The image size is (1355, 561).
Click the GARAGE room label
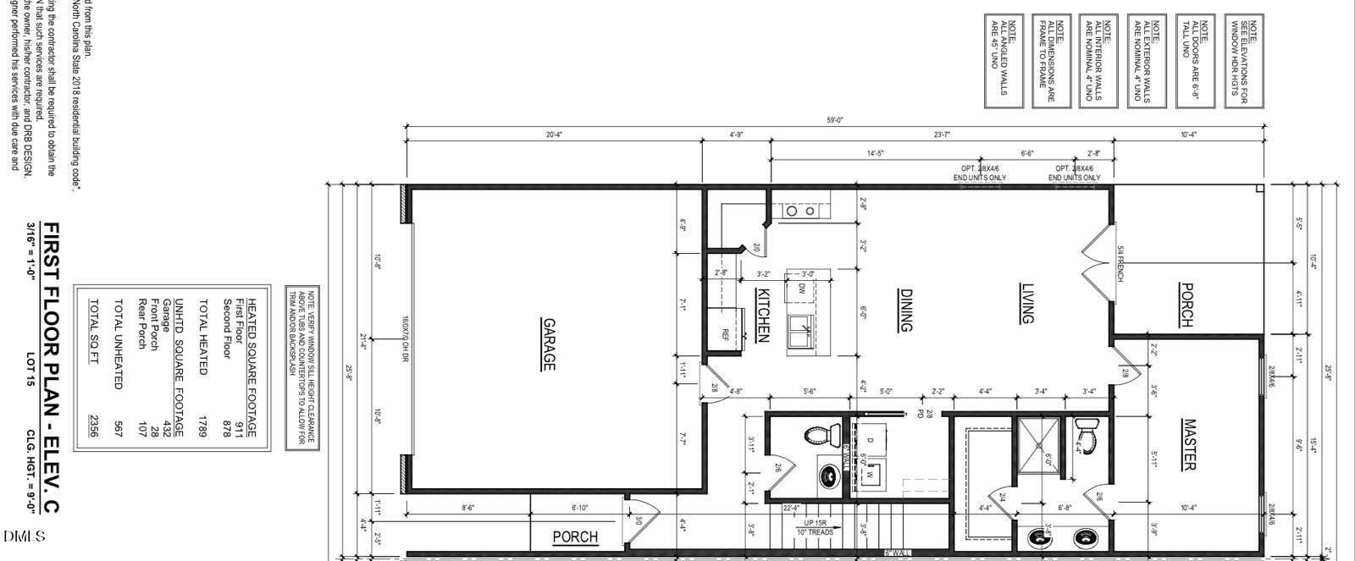coord(549,344)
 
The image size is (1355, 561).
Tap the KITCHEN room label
coord(761,314)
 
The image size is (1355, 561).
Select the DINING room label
coord(905,310)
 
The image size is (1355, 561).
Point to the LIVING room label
coord(1028,304)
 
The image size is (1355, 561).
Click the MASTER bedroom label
coord(1189,444)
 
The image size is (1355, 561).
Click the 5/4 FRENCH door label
coord(1120,263)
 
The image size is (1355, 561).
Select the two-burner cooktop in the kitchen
coord(802,212)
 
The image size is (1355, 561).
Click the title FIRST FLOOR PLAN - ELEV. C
coord(50,368)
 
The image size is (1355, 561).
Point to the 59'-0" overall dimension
coord(835,120)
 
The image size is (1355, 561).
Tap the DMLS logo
coord(24,537)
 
